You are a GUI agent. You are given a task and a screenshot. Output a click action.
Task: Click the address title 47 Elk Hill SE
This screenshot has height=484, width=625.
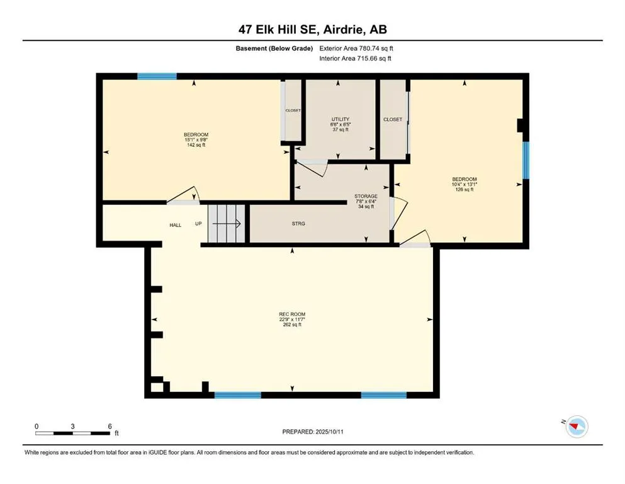click(x=312, y=29)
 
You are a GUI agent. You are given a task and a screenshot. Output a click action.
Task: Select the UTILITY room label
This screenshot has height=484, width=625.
click(x=341, y=124)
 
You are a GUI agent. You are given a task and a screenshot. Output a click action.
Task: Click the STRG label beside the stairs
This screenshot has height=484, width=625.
click(x=298, y=224)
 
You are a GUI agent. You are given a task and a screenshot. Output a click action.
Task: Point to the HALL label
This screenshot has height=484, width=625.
click(x=175, y=225)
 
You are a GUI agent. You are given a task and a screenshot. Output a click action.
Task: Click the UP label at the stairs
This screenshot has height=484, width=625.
click(x=198, y=224)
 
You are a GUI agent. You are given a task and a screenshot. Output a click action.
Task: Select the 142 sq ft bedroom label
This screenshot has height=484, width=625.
click(x=196, y=140)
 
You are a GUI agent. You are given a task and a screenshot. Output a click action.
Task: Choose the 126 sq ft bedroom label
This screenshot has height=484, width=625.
click(x=464, y=184)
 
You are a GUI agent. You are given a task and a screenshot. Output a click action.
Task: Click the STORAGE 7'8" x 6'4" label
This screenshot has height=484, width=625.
click(x=366, y=201)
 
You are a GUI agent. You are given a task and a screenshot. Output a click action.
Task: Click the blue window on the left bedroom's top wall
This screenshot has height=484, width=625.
click(x=157, y=76)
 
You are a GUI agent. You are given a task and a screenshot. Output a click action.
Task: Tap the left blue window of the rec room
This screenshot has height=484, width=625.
click(x=237, y=395)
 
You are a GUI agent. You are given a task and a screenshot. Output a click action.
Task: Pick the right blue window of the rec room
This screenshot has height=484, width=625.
click(x=383, y=395)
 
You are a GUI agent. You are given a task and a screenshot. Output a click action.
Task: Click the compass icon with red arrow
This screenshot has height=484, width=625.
click(x=576, y=427)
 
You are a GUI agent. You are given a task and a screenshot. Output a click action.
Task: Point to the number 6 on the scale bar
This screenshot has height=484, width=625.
click(x=110, y=427)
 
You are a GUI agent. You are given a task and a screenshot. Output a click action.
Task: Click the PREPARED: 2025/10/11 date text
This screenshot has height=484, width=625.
click(x=312, y=432)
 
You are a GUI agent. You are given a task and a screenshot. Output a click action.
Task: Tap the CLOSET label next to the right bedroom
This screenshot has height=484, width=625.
click(x=392, y=119)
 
